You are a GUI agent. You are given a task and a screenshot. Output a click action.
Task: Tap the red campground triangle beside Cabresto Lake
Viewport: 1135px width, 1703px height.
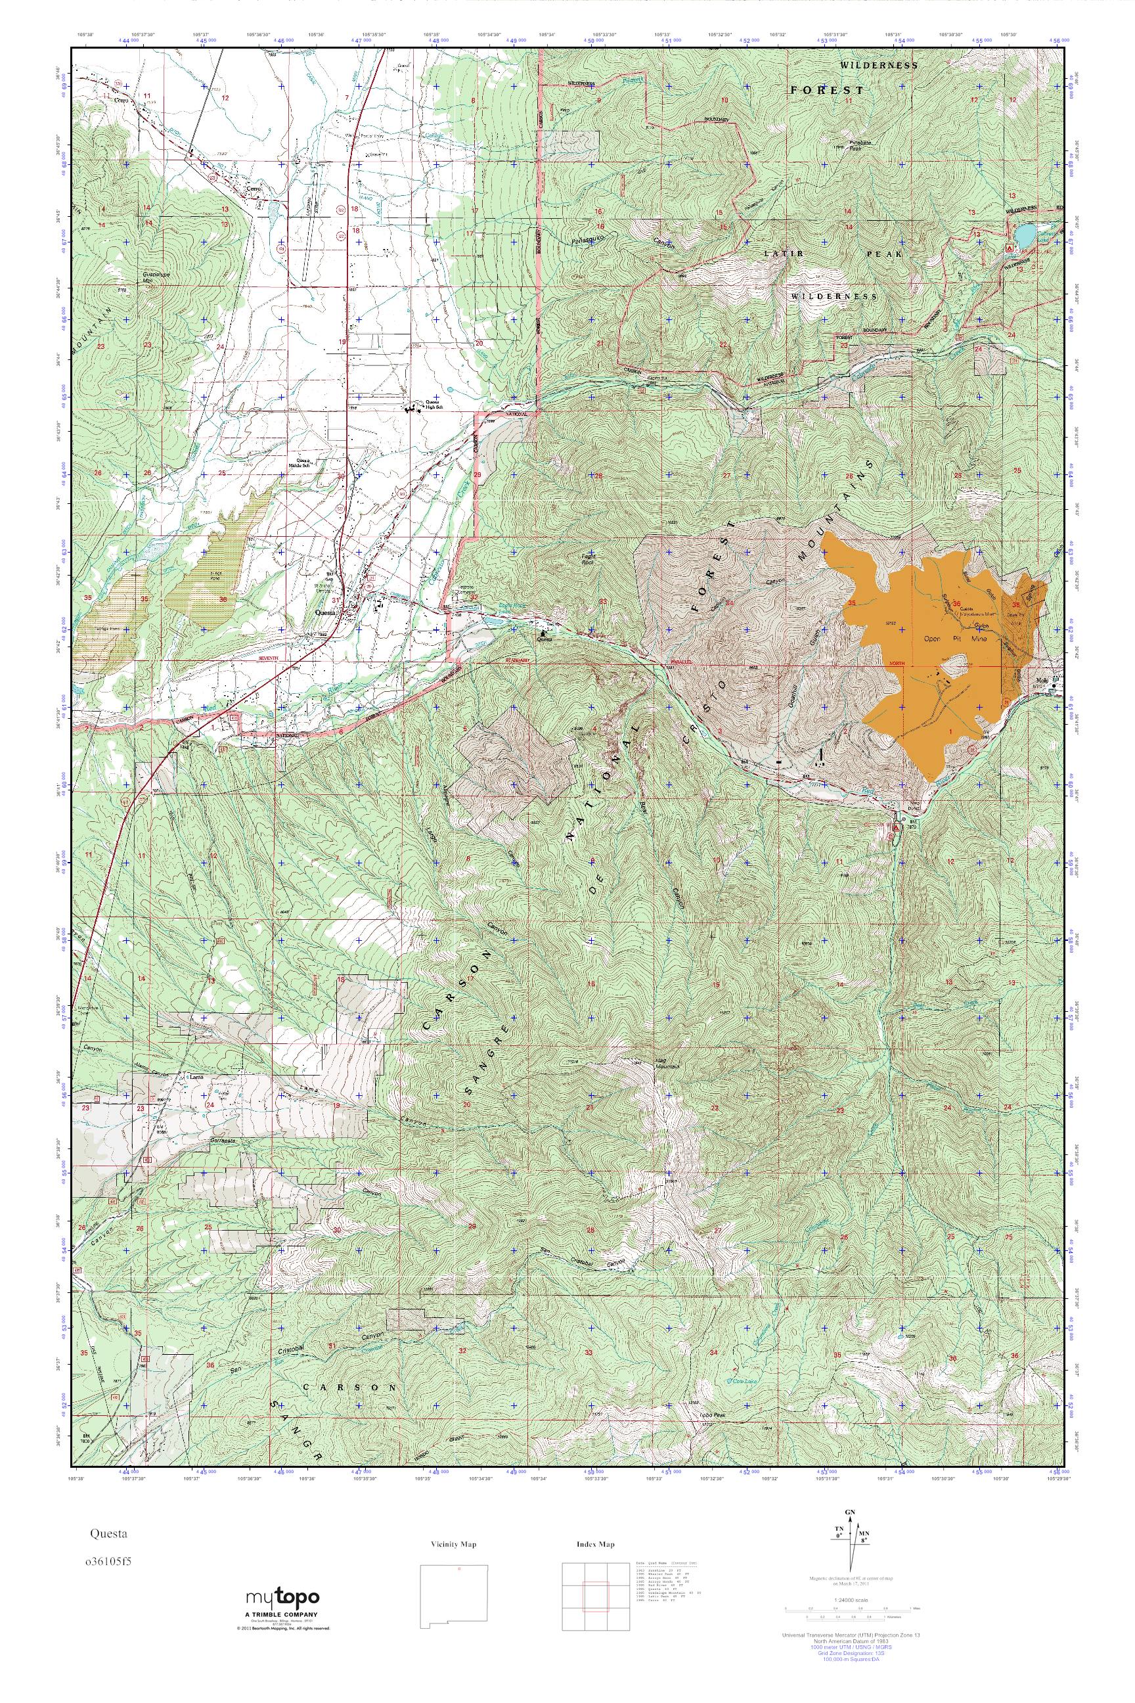tap(1008, 247)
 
